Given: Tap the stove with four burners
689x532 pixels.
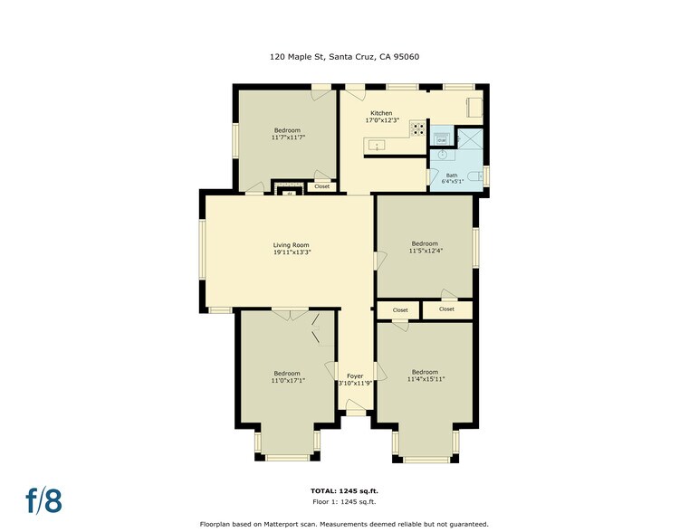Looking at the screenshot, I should click(418, 129).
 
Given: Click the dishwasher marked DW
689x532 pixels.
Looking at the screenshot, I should click(441, 138).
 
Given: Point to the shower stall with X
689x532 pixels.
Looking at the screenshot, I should click(469, 138).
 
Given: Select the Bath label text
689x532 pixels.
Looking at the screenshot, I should click(452, 175).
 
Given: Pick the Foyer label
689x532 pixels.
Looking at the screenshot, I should click(354, 375).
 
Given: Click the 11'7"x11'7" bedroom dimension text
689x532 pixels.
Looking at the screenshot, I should click(287, 138).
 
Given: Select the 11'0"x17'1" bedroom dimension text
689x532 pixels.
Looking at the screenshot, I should click(287, 380).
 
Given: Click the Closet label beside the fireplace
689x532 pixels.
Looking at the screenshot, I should click(321, 186).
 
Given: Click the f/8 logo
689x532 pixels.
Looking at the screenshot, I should click(43, 499).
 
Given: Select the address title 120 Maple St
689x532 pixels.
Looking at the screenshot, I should click(344, 56).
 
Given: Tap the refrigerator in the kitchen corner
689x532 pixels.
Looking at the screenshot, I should click(474, 107).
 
